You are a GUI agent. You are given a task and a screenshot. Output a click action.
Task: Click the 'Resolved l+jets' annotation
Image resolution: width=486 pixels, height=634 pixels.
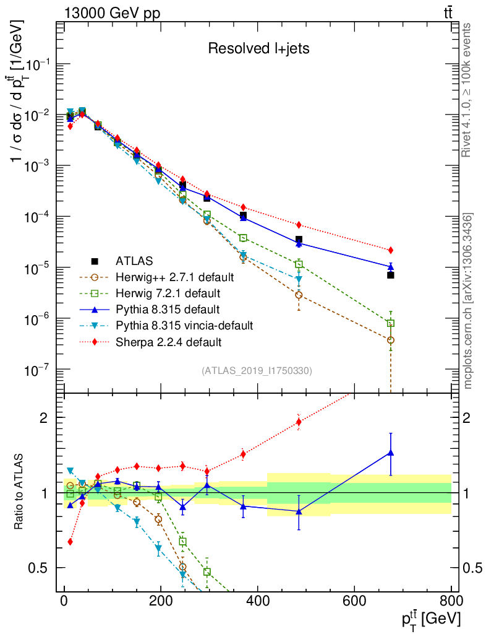click(258, 48)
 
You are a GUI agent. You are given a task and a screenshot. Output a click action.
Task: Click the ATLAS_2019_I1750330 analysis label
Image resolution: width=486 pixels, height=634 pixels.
click(257, 371)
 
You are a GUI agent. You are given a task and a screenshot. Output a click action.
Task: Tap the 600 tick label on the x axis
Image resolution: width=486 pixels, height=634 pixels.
click(354, 601)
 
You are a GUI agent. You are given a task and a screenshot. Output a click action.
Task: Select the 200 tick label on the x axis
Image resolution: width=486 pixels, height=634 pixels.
click(161, 601)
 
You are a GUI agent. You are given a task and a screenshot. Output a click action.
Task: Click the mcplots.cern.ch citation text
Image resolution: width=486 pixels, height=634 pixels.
click(468, 302)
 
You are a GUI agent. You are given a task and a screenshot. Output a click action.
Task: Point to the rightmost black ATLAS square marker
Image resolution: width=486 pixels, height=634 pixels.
click(391, 275)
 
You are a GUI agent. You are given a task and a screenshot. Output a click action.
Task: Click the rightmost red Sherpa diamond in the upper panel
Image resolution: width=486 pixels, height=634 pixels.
click(391, 250)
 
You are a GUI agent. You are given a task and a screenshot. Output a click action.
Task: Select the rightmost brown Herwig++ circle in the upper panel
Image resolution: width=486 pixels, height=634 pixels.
click(391, 340)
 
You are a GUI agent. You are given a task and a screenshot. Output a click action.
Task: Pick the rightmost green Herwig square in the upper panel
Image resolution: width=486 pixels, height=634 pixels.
click(391, 323)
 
